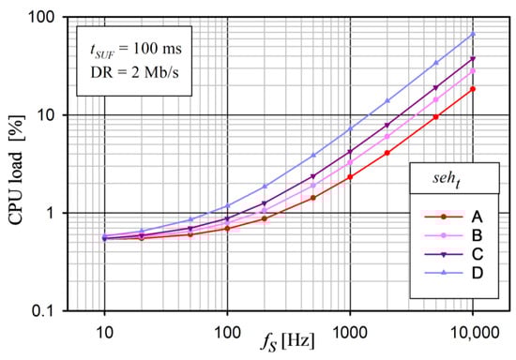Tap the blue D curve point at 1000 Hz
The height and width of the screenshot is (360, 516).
pos(350,128)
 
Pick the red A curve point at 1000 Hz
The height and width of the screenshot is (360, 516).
pos(350,176)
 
